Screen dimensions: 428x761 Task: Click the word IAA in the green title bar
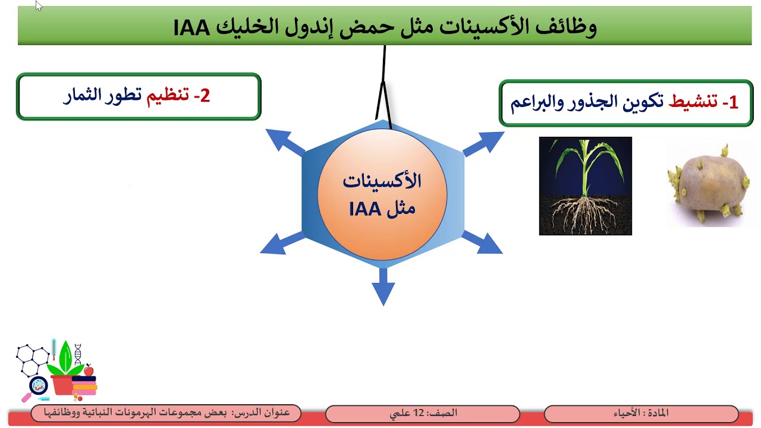191,27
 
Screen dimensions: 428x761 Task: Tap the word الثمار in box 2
81,96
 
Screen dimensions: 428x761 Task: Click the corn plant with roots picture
585,186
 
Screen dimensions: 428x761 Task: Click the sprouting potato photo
707,185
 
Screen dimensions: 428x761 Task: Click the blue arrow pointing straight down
383,288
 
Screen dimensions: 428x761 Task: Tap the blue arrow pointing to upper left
284,141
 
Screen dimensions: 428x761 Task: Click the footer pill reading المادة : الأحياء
641,413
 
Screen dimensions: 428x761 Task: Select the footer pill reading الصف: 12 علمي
423,413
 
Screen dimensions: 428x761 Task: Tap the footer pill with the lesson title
166,413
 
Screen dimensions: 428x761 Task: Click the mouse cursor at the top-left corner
39,6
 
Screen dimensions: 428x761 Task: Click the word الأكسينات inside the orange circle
382,181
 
